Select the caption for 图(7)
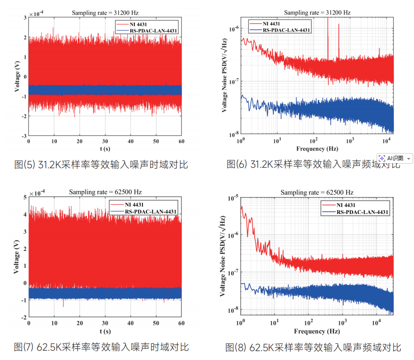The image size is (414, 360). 101,347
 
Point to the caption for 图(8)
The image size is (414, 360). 313,347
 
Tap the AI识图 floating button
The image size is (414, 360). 395,158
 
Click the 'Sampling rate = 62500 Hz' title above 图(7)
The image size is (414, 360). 105,192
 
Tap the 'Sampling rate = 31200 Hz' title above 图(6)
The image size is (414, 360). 317,12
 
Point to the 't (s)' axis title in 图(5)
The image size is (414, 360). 105,149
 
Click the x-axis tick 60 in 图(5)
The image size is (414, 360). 181,141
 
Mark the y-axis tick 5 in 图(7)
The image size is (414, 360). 24,197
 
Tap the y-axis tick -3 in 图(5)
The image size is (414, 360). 23,135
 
